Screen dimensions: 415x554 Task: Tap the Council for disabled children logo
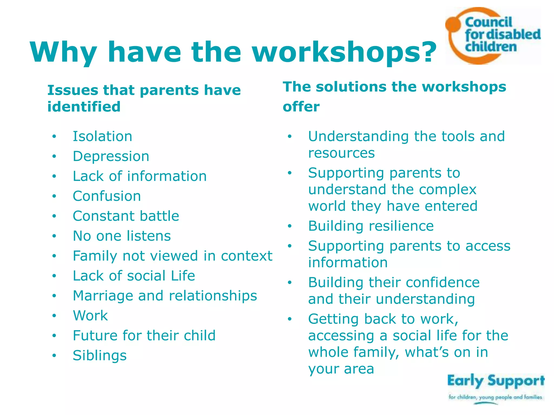coord(493,36)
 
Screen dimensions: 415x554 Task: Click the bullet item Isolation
coord(103,136)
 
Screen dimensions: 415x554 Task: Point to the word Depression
coord(111,156)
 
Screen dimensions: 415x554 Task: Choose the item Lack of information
coord(140,176)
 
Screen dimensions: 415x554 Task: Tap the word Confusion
coord(107,196)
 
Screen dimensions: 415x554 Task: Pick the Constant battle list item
coord(126,216)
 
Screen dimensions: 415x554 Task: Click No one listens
coord(122,236)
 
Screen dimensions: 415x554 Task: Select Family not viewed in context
coord(172,256)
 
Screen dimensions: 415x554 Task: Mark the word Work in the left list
coord(90,316)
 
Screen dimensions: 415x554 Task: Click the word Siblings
coord(100,356)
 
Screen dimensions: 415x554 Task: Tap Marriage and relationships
coord(165,296)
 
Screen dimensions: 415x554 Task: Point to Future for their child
coord(144,336)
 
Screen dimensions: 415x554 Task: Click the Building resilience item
coord(371,226)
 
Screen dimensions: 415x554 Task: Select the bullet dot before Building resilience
coord(290,226)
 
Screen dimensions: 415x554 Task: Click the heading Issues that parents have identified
coord(144,98)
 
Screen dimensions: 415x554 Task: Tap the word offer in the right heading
coord(301,106)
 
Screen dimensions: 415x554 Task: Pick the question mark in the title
coord(427,52)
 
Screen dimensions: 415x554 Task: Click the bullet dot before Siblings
coord(54,356)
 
